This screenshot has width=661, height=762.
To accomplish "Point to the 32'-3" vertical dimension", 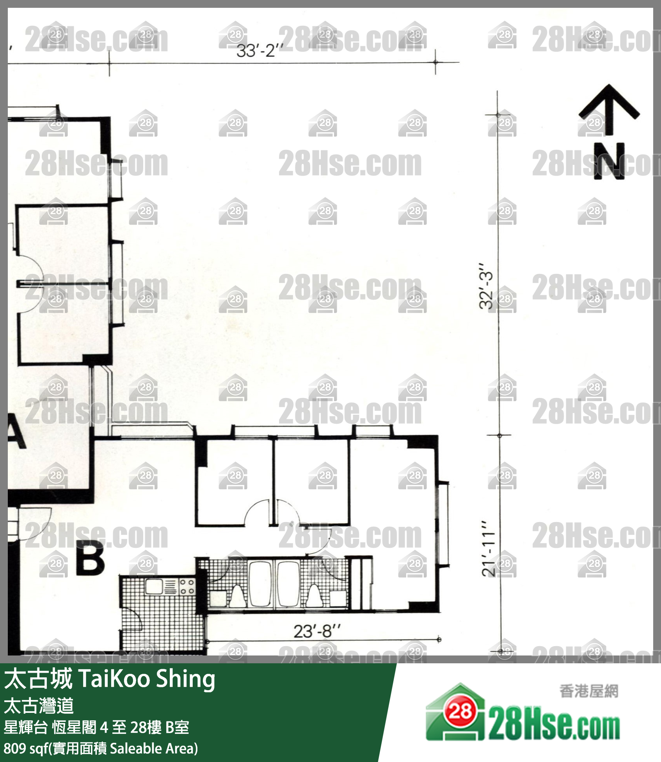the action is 487,286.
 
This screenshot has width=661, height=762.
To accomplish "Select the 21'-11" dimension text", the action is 488,548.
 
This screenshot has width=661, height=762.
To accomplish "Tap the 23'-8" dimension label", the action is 317,631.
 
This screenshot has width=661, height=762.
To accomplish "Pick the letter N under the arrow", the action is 609,161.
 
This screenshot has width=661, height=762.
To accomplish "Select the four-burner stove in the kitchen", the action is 187,587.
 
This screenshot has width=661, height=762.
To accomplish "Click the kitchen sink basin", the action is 154,586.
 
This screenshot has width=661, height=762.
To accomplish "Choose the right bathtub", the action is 288,584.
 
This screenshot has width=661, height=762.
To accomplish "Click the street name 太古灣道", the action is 39,706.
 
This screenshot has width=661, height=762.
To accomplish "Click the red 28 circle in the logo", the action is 460,712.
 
